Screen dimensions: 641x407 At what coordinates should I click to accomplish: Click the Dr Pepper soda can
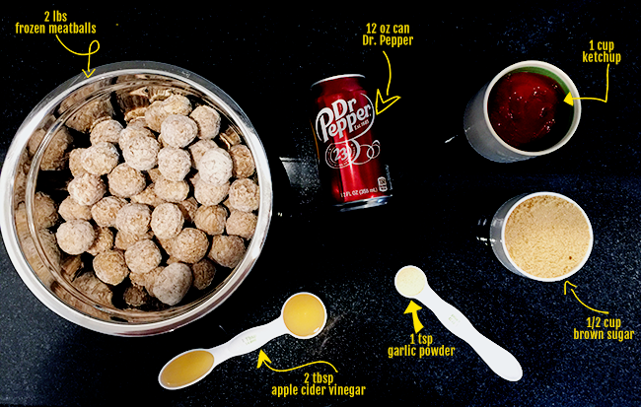coord(351,142)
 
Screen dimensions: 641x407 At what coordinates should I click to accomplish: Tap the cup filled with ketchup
coord(524,110)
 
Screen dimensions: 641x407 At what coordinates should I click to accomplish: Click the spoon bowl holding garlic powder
coord(411,281)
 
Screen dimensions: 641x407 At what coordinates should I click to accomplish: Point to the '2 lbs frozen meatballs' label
coord(56,23)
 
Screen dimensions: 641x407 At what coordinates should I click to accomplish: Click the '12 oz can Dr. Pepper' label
coord(388,34)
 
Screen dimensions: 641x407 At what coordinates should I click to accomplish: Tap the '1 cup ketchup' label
coord(602,51)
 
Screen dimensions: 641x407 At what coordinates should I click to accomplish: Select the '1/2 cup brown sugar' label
coord(604,329)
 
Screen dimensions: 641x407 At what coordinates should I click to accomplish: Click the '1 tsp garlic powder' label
coord(421,346)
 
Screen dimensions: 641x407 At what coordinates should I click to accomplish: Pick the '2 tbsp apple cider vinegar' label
coord(319,384)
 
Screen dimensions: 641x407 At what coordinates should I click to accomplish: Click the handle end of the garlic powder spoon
coord(507,368)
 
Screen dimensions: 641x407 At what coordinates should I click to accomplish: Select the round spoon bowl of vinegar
coord(304,315)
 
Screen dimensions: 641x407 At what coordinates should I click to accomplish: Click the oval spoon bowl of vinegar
coord(186,369)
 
